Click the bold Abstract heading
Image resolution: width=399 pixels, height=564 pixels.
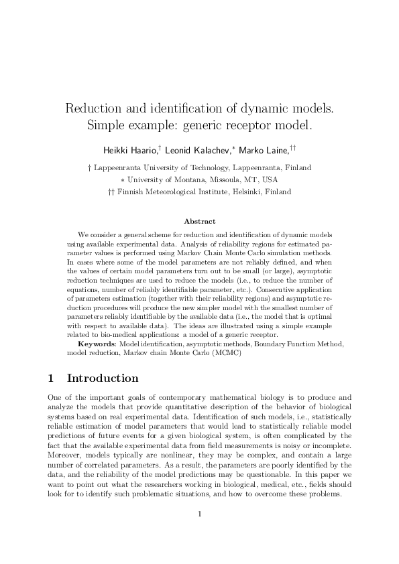199,221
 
